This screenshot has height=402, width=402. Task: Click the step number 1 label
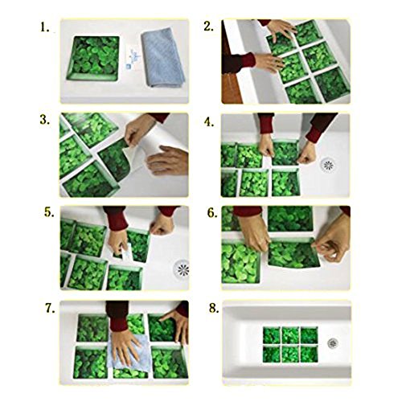pos(45,27)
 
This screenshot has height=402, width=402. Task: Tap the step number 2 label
pos(208,27)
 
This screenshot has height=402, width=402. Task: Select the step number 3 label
pos(45,120)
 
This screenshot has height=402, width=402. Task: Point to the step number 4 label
pos(209,122)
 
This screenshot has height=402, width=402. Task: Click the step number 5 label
pos(49,212)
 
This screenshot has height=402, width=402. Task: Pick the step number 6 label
pos(212,213)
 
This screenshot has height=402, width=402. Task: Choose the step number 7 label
pos(50,309)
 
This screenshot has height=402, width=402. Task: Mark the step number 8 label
pos(214,308)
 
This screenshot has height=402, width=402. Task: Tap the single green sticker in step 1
pos(93,59)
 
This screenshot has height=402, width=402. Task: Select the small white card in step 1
pos(133,59)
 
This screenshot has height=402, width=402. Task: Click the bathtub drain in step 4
pos(327,165)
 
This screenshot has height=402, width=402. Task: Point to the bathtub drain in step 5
pos(182,268)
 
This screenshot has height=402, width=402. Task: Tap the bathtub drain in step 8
pos(333,343)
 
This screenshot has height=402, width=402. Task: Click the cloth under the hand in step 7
pos(129,353)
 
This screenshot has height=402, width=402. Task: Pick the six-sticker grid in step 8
pos(290,344)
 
